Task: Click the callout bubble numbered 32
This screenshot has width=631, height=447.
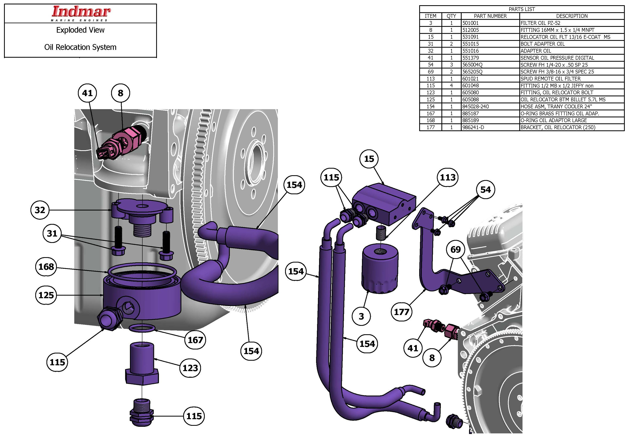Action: click(x=40, y=210)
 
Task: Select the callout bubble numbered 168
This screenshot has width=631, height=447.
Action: click(x=46, y=267)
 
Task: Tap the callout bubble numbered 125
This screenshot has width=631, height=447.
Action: click(x=46, y=295)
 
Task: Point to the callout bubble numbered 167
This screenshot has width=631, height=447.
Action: click(x=195, y=340)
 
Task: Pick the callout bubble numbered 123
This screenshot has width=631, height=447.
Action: click(x=190, y=368)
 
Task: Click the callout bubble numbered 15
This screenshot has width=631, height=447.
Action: click(x=369, y=159)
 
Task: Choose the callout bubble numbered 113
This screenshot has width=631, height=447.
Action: click(x=448, y=177)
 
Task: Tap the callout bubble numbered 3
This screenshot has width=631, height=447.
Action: click(x=361, y=316)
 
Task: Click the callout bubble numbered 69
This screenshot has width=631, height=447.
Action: click(x=455, y=249)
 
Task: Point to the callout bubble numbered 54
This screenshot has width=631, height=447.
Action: click(x=485, y=190)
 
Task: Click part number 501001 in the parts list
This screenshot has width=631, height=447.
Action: click(x=471, y=23)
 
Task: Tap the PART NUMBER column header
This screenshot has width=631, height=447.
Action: click(x=490, y=16)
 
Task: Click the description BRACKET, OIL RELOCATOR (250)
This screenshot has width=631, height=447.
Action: click(x=558, y=127)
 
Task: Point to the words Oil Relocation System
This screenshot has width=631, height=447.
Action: click(x=80, y=47)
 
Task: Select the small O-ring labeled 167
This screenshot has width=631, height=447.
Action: click(x=142, y=328)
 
